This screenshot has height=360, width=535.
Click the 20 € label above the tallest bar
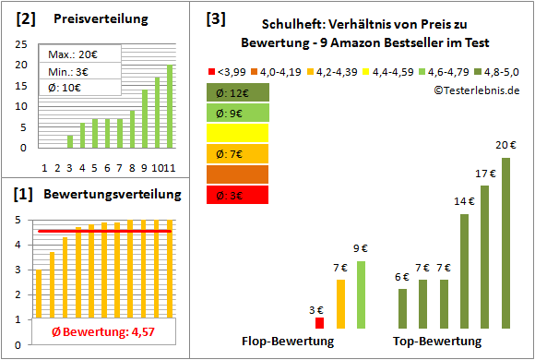click(x=505, y=144)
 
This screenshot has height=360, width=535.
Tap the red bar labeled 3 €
click(x=320, y=322)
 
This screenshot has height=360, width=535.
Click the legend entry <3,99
click(x=225, y=70)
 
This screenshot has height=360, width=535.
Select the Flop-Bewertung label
click(x=288, y=342)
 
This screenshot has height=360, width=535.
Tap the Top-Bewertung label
click(x=437, y=342)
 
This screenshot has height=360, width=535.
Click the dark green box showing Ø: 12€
click(x=238, y=92)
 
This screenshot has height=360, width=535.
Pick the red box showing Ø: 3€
click(x=238, y=194)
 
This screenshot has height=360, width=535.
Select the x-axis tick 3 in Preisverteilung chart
click(x=69, y=167)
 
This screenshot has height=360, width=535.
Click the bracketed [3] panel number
click(x=216, y=18)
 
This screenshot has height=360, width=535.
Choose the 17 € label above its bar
click(x=485, y=173)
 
